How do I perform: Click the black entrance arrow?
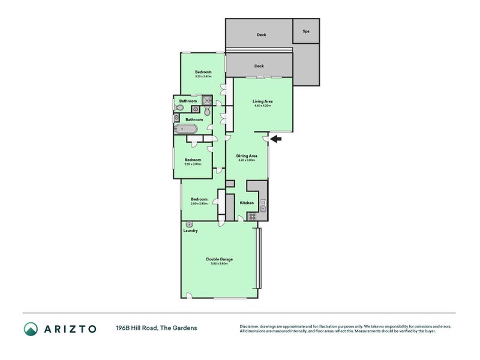tap(276, 139)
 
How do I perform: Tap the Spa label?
tap(305, 31)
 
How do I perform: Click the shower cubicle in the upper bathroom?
tap(206, 101)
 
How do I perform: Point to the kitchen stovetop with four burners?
tap(253, 217)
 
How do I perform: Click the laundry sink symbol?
tap(190, 224)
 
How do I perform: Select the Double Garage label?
tap(219, 259)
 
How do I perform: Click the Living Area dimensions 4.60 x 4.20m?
tap(262, 106)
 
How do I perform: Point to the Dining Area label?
tap(247, 156)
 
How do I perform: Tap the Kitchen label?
tap(247, 203)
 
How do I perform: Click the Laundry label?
tap(190, 230)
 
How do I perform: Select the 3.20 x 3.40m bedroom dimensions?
tap(203, 76)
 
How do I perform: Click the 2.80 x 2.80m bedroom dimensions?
tap(199, 204)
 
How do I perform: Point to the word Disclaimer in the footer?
tap(251, 326)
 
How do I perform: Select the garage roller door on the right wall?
tap(259, 258)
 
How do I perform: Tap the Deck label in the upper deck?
tap(261, 35)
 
